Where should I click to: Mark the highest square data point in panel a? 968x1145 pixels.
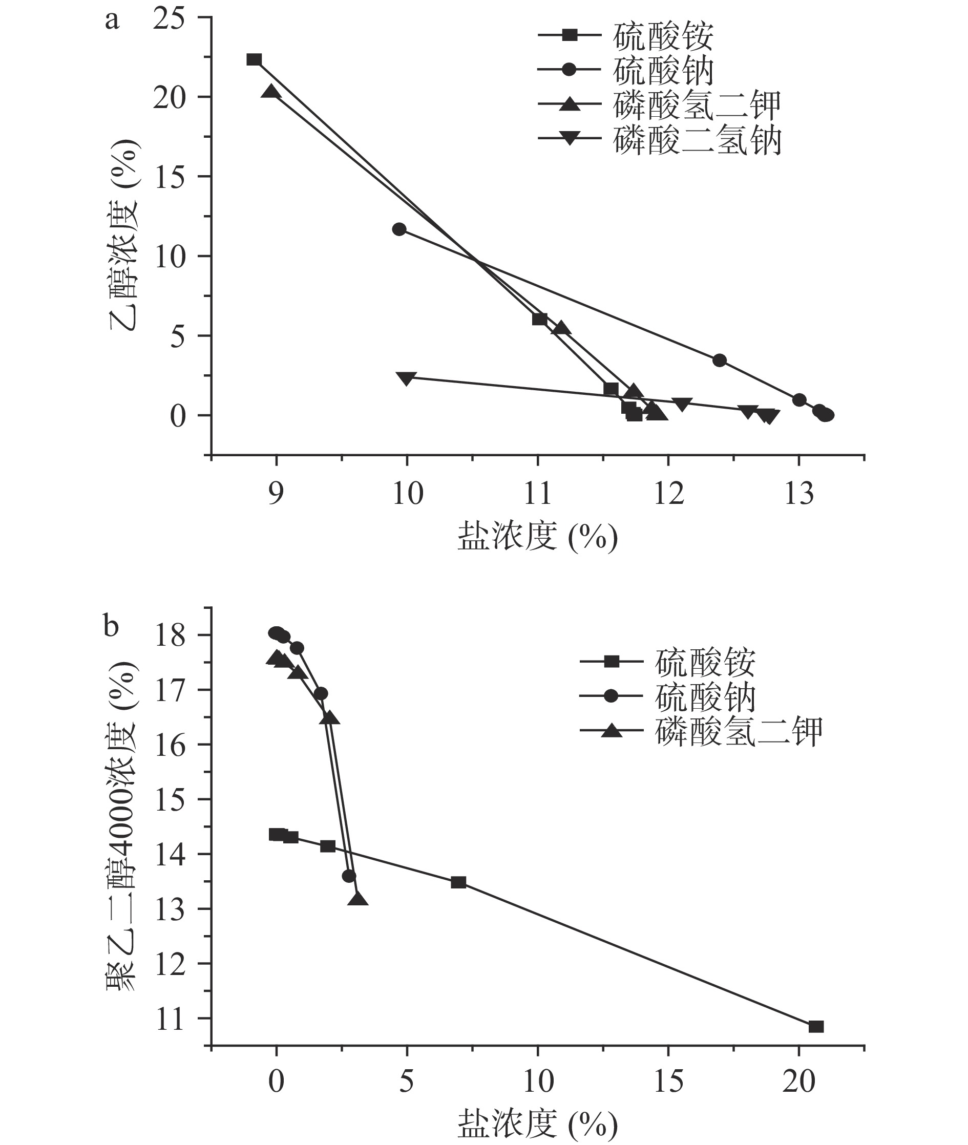pos(254,59)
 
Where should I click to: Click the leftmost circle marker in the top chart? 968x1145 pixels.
pos(399,229)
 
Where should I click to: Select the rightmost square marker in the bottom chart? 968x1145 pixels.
pos(816,1027)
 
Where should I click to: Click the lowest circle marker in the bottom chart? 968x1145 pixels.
pos(349,876)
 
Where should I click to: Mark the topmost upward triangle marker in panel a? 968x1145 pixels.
pos(271,92)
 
